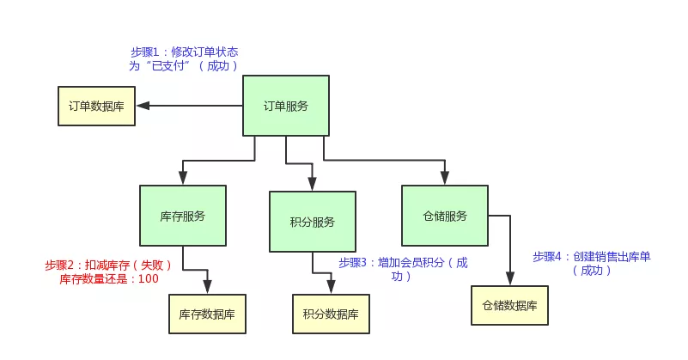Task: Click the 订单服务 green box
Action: pyautogui.click(x=285, y=106)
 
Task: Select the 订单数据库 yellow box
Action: pyautogui.click(x=96, y=107)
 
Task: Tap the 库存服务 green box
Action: pyautogui.click(x=182, y=216)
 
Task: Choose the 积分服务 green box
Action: pyautogui.click(x=312, y=222)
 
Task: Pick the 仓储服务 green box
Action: pyautogui.click(x=445, y=216)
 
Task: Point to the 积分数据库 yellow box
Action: pyautogui.click(x=332, y=314)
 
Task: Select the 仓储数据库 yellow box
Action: pyautogui.click(x=509, y=305)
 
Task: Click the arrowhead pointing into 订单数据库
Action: pyautogui.click(x=143, y=106)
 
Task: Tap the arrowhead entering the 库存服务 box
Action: pyautogui.click(x=182, y=178)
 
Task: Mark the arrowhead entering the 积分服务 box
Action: pyautogui.click(x=312, y=184)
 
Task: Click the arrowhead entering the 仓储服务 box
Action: pyautogui.click(x=445, y=178)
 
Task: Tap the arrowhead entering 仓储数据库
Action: pyautogui.click(x=509, y=278)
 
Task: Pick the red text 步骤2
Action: pyautogui.click(x=59, y=265)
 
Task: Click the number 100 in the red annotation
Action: pyautogui.click(x=148, y=279)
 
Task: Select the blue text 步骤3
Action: pyautogui.click(x=353, y=263)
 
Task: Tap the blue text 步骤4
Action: pyautogui.click(x=547, y=256)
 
